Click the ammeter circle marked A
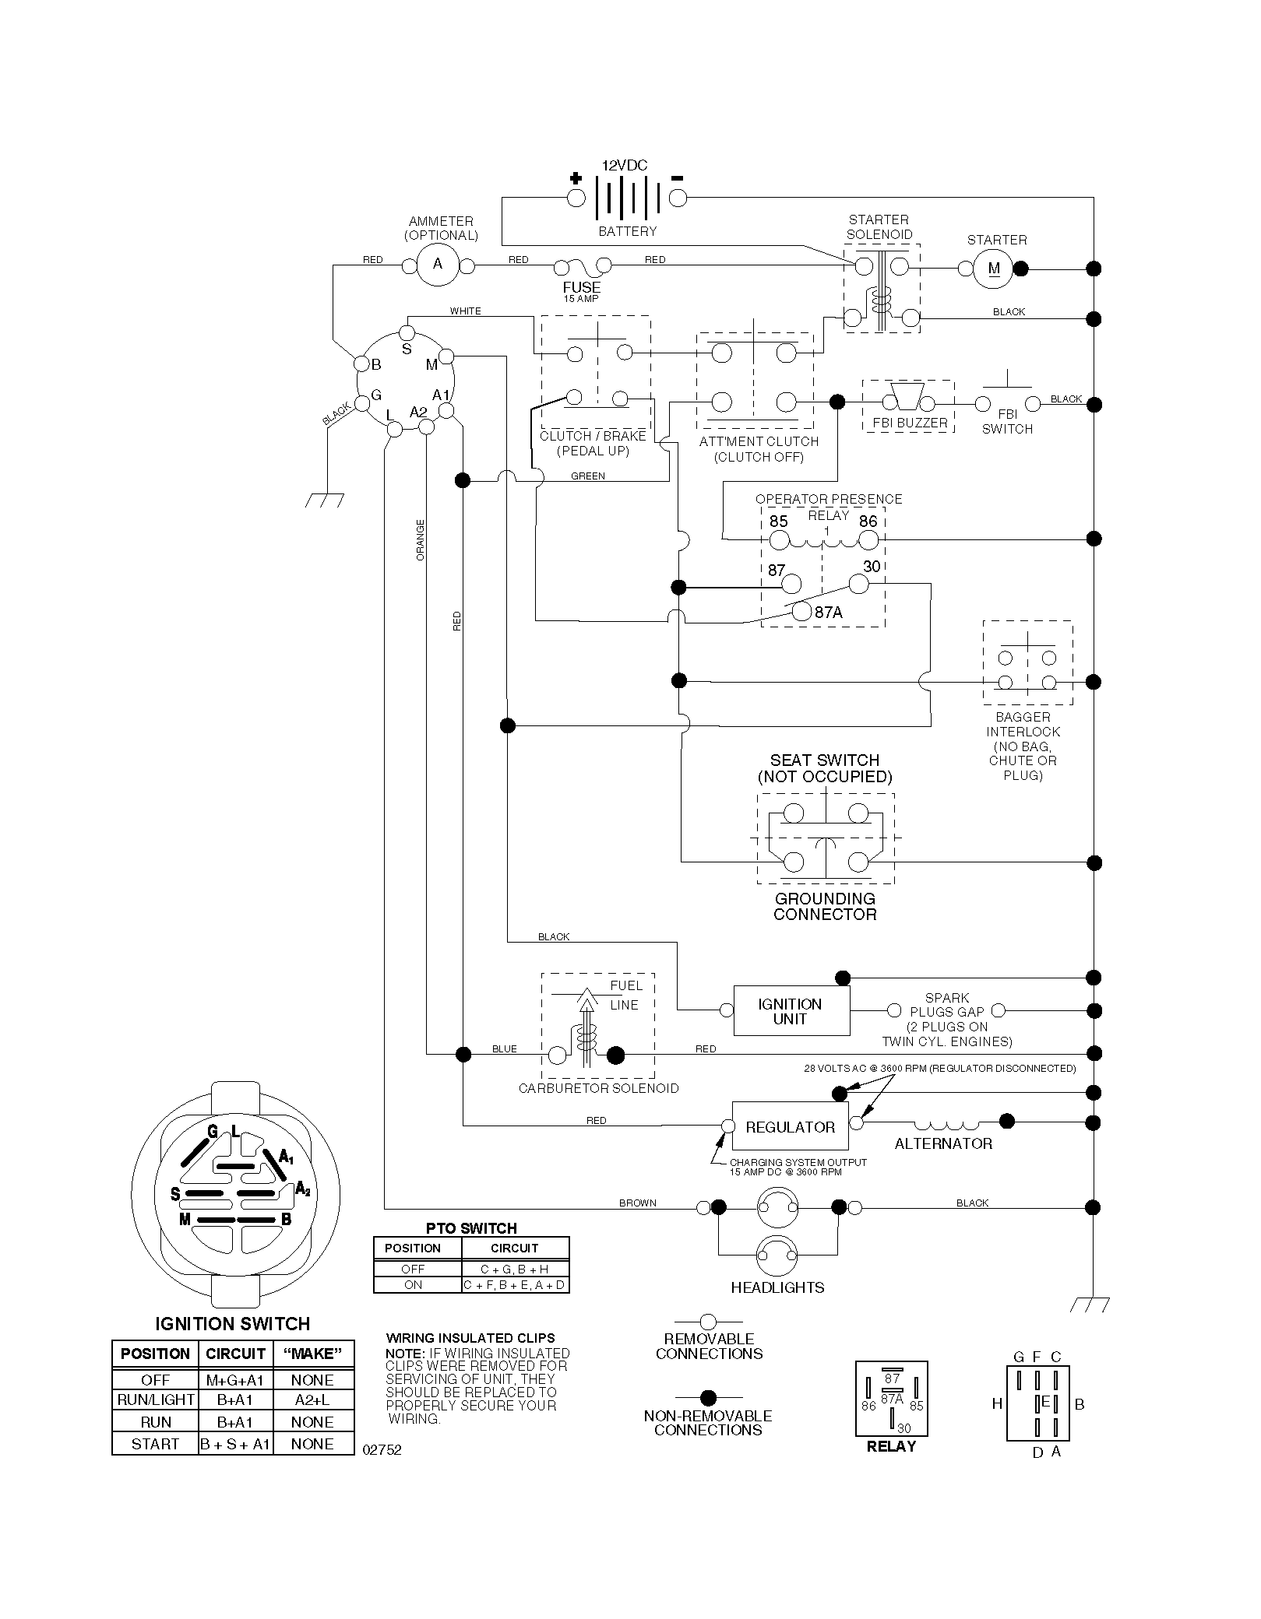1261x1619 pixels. (x=438, y=265)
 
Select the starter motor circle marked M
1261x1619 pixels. (x=994, y=269)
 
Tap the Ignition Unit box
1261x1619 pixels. (x=791, y=1011)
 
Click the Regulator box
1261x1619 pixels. (x=790, y=1127)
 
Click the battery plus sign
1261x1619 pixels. (x=576, y=177)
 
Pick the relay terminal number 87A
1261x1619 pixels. (x=829, y=613)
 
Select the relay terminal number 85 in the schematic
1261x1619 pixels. (x=778, y=522)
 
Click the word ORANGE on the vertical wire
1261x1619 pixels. (x=421, y=540)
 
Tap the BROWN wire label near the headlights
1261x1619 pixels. (x=638, y=1203)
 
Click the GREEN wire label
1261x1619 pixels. (x=588, y=476)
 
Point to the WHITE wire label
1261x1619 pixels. (x=466, y=311)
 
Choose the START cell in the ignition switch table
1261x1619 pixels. (x=156, y=1444)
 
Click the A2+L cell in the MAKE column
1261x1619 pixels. (x=312, y=1400)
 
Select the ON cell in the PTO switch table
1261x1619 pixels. (x=413, y=1285)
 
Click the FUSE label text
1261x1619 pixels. (x=582, y=287)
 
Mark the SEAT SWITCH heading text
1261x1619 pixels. (x=825, y=760)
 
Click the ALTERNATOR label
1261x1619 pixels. (x=943, y=1144)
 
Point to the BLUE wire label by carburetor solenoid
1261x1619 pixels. (x=505, y=1049)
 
